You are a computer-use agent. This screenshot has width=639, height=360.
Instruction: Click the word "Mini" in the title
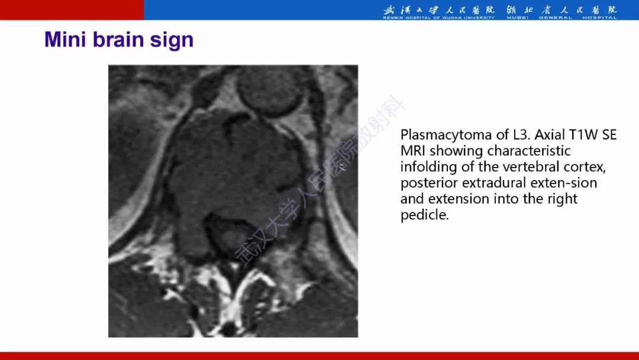click(x=65, y=40)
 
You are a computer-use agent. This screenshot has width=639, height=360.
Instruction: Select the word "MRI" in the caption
click(x=413, y=150)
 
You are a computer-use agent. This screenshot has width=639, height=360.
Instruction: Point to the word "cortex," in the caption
click(x=585, y=167)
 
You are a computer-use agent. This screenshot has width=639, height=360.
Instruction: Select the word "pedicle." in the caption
click(x=425, y=215)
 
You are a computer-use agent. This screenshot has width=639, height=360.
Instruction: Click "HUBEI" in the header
click(x=518, y=18)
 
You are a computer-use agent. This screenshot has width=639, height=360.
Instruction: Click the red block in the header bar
click(x=72, y=10)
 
